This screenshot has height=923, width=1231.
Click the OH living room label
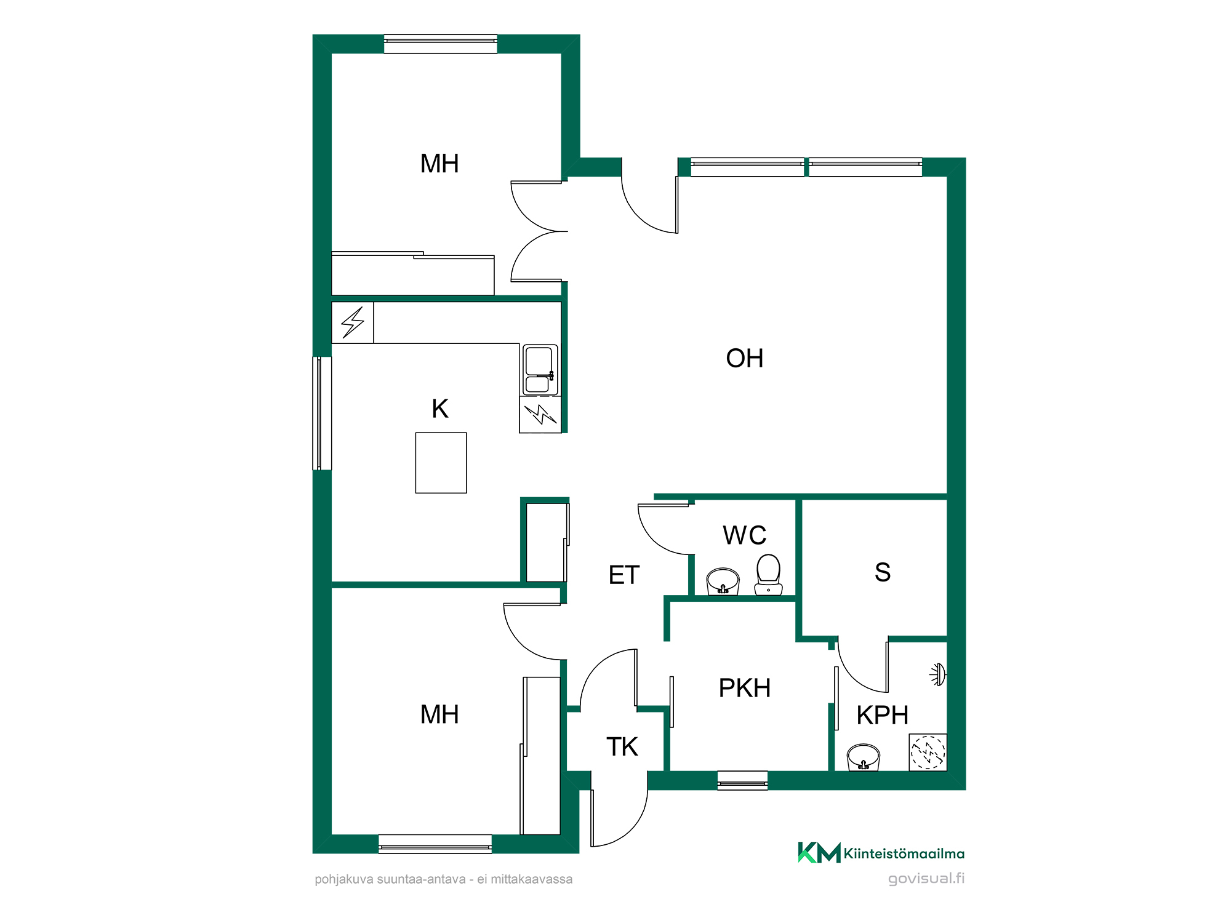pos(744,358)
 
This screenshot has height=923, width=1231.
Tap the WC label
pos(745,535)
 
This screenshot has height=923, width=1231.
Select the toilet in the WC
pos(768,575)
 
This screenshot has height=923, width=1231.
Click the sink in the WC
pos(723,581)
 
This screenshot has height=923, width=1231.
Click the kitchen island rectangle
pos(441,463)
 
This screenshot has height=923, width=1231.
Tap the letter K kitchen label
pos(440,409)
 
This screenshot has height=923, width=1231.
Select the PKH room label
pos(745,688)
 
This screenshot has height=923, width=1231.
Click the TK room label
pos(622,746)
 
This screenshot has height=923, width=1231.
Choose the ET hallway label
pos(624,575)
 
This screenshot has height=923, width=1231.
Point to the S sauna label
pos(883,572)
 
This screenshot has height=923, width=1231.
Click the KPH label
pos(883,715)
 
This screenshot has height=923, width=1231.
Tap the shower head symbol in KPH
pos(937,675)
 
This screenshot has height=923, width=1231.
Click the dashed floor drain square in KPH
pos(928,752)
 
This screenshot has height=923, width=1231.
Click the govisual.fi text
pos(926,878)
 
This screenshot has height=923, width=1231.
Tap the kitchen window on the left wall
pos(323,414)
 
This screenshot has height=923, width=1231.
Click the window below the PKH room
pos(743,780)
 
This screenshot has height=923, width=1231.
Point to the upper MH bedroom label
pos(439,164)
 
